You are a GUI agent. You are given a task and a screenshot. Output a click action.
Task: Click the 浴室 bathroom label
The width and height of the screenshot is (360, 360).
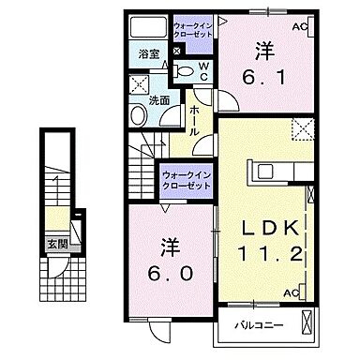point(148,53)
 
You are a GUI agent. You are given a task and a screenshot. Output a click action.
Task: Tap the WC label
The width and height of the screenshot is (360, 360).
point(202,69)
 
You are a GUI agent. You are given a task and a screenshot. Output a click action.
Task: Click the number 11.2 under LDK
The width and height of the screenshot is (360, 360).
point(273,255)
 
